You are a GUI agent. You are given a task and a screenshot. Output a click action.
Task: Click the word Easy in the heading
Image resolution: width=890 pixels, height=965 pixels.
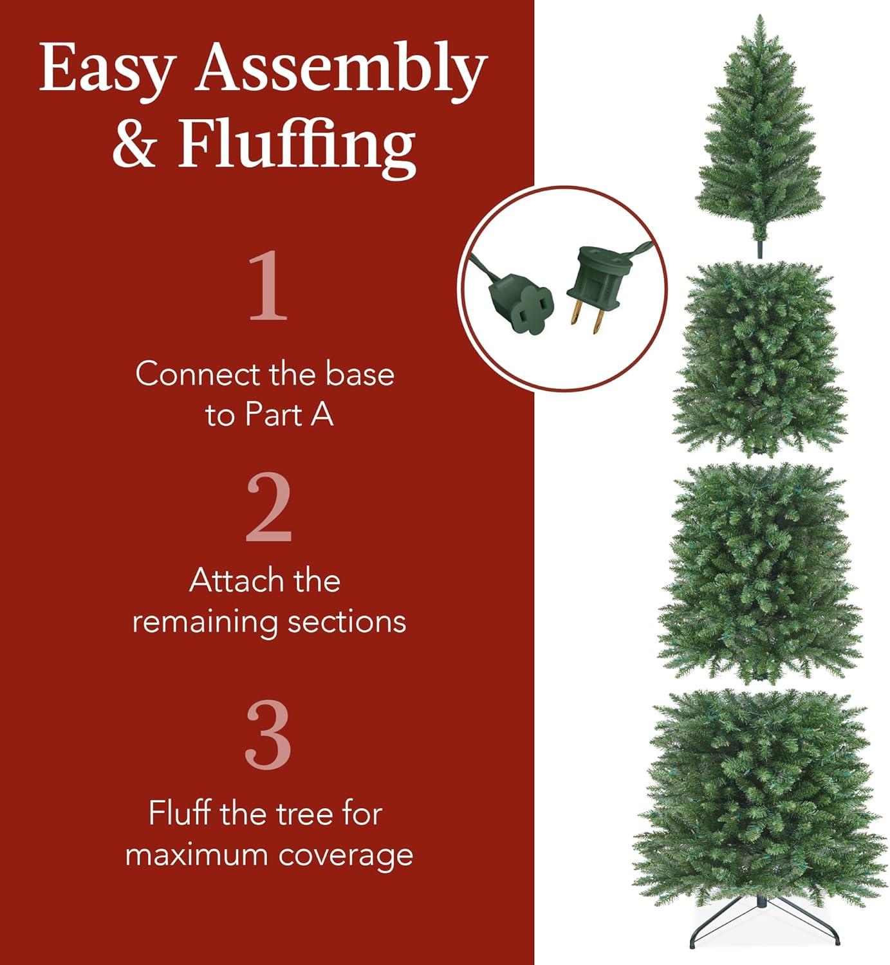[x=107, y=69]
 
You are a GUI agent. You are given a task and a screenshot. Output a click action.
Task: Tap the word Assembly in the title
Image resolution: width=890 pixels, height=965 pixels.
[x=341, y=69]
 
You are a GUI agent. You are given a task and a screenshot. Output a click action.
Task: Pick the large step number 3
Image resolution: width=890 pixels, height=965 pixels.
[x=268, y=735]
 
